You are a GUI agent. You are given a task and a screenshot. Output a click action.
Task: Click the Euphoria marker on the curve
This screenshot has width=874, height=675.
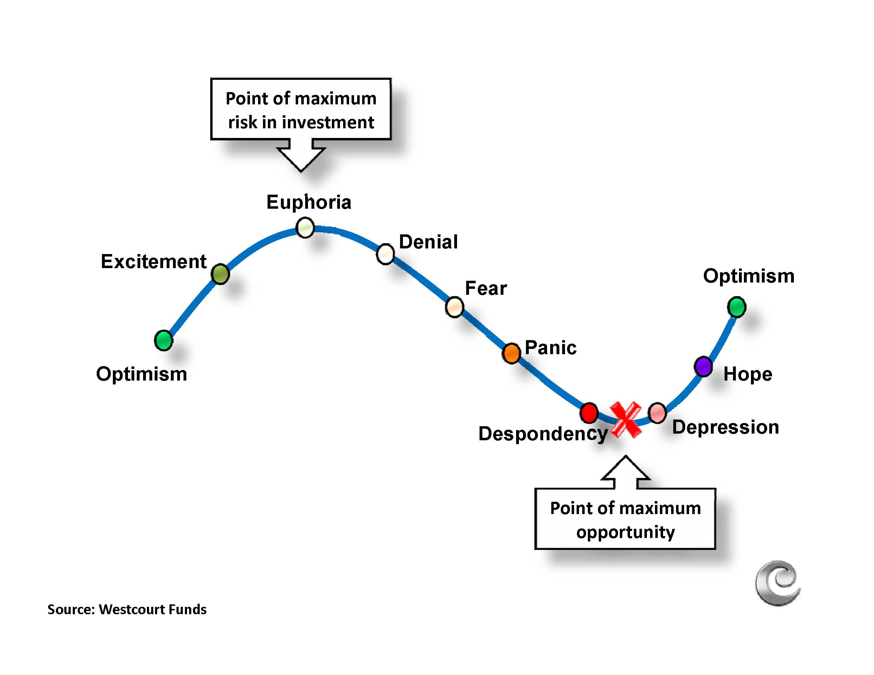coord(305,228)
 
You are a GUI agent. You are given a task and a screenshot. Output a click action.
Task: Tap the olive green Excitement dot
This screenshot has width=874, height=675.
coord(220,274)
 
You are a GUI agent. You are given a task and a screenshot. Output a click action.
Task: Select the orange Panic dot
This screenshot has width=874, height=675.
coord(511,353)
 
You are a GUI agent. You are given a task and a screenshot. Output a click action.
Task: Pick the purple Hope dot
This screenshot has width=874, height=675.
coord(703,366)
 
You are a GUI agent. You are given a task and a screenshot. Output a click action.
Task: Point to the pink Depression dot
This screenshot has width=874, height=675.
coord(657,413)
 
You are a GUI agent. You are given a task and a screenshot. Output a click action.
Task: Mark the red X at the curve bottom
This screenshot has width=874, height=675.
coord(625,420)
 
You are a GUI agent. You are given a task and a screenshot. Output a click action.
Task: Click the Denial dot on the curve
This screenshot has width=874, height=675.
coord(385,254)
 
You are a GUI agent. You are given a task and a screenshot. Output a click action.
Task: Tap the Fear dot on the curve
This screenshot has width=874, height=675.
coord(454,307)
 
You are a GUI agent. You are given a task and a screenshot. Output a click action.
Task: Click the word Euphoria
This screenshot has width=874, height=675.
coord(309,202)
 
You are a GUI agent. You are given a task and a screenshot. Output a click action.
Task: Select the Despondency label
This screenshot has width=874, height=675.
coord(543,434)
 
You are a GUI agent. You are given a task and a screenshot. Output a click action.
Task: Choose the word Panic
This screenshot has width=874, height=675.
coord(550,347)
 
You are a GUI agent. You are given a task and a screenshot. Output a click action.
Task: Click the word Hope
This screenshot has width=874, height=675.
coord(747,374)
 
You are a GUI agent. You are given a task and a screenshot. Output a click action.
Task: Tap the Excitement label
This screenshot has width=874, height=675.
coord(154,261)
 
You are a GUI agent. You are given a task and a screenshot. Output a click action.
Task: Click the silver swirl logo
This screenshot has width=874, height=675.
coord(778,583)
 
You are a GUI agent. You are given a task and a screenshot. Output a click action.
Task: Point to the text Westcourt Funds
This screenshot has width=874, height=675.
coord(153,609)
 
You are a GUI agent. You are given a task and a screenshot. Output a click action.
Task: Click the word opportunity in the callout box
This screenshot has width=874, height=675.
coord(625,532)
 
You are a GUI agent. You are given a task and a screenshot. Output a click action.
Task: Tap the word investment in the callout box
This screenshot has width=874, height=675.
coord(328,122)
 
